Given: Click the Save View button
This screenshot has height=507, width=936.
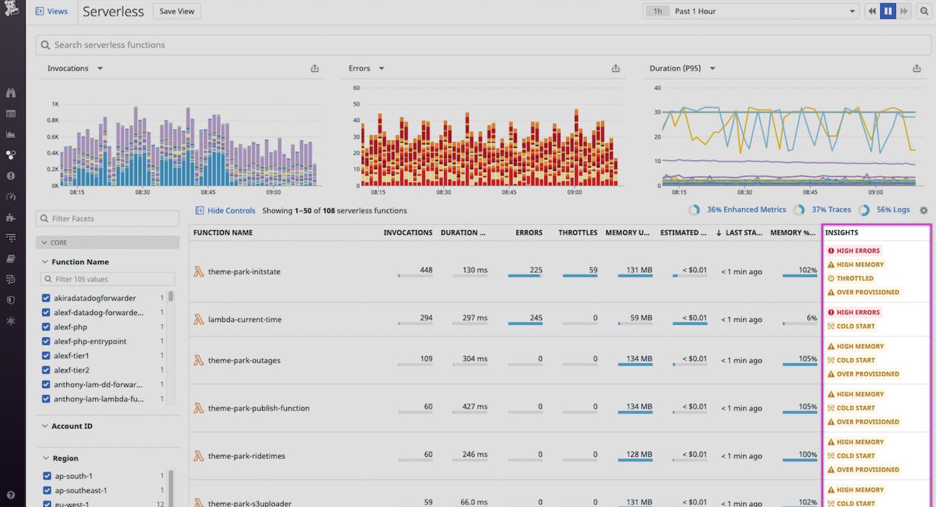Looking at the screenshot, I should [x=177, y=11].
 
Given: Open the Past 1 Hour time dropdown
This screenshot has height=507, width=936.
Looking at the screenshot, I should [x=750, y=11].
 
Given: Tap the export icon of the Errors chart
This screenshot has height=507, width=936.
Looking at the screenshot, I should [x=616, y=68].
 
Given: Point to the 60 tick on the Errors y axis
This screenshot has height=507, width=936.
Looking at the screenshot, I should [x=356, y=88].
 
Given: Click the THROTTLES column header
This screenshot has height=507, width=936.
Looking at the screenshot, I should [x=578, y=233].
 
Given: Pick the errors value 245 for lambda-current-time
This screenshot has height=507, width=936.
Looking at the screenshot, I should [x=536, y=318].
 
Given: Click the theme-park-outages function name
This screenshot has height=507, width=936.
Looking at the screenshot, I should [x=244, y=361].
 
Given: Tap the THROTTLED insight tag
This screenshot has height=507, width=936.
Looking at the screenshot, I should [x=854, y=278].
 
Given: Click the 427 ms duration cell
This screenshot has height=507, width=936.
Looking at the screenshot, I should [x=473, y=407].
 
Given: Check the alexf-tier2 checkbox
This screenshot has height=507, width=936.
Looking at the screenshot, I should [x=46, y=370].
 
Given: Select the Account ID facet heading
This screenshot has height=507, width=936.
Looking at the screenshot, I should [x=72, y=426].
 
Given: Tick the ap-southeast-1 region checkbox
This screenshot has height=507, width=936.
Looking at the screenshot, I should [x=46, y=490].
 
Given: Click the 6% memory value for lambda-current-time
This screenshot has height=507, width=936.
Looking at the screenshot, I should [x=811, y=318].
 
